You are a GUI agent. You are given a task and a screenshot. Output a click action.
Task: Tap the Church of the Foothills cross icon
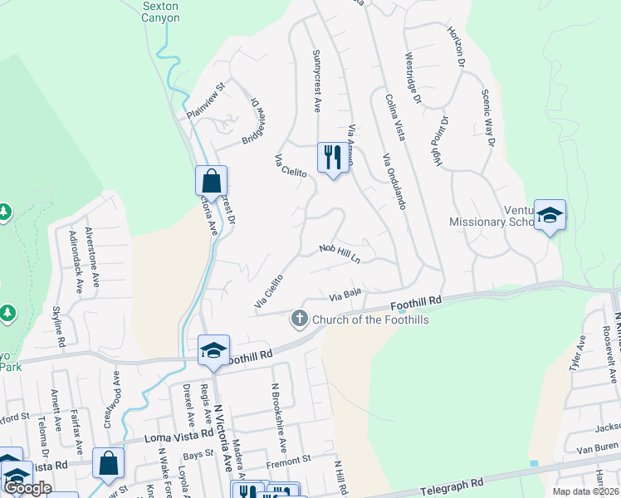298,318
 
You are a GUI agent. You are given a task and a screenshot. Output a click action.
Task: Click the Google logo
27,488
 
